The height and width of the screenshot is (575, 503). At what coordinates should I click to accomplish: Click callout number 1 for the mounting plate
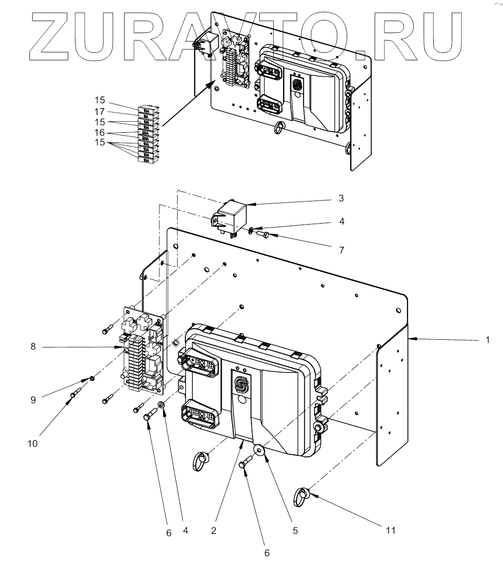(x=487, y=340)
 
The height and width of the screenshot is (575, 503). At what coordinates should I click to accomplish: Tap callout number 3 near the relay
(x=341, y=198)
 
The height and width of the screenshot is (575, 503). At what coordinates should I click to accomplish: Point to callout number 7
(x=341, y=249)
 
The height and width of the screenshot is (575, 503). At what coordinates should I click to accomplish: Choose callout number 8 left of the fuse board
(x=33, y=347)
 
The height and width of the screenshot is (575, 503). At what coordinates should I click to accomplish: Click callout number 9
(x=33, y=399)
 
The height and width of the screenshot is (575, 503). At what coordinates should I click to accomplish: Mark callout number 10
(x=33, y=444)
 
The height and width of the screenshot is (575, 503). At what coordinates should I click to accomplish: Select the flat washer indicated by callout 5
(x=259, y=449)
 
